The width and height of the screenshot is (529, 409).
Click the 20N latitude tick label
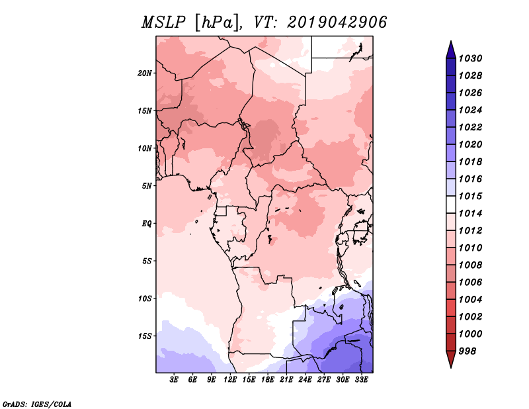pos(145,73)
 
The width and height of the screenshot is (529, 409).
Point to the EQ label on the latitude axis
pos(147,224)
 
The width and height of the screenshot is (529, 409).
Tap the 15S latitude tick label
pos(145,336)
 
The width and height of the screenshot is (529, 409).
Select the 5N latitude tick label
pos(147,186)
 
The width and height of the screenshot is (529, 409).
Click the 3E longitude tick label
pos(174,380)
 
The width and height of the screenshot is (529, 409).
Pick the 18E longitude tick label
pos(268,380)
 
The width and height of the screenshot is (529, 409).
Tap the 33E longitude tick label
pos(361,380)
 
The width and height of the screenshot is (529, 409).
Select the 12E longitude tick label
pos(230,380)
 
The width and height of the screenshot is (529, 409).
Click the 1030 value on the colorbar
pos(470,58)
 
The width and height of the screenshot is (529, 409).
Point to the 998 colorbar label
pos(468,351)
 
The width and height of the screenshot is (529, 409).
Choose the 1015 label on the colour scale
pos(470,196)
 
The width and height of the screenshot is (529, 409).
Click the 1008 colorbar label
pos(470,265)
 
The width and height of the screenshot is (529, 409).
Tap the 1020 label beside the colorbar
pos(470,144)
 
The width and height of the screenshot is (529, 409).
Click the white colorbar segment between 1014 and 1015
pos(451,204)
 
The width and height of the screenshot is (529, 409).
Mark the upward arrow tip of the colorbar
pos(451,41)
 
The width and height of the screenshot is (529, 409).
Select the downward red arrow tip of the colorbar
pos(451,367)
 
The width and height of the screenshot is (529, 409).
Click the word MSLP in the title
pos(163,23)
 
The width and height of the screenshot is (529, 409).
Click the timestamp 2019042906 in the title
pos(337,23)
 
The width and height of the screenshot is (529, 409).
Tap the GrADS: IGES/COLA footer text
pos(37,404)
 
